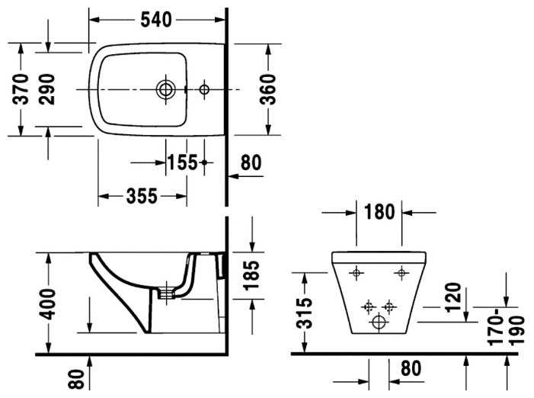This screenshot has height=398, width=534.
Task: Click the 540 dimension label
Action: [x=157, y=20]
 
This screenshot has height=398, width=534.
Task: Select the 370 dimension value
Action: [x=22, y=88]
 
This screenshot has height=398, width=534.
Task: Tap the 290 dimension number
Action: [x=48, y=88]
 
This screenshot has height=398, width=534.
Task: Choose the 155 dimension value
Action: [x=182, y=162]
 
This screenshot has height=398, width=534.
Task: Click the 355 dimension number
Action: [x=142, y=196]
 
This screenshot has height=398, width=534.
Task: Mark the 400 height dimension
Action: [x=48, y=304]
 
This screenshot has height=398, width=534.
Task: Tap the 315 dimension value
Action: [x=304, y=311]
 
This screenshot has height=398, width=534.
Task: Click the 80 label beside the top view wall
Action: [x=251, y=162]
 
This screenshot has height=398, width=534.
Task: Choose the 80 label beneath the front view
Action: [x=411, y=369]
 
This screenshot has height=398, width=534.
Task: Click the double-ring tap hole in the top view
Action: [x=164, y=89]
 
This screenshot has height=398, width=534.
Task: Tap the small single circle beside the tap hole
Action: [x=203, y=89]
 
